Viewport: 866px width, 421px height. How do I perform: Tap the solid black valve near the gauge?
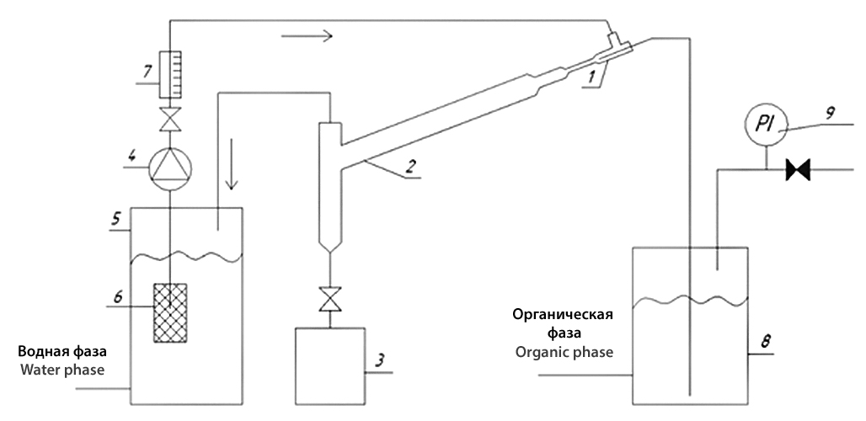pos(796,171)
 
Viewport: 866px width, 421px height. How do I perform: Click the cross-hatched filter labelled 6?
pos(170,313)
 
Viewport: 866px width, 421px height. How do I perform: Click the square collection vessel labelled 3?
pos(329,366)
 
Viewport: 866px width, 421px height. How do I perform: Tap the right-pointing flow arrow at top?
pos(307,35)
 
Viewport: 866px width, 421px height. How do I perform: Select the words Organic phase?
pos(564,351)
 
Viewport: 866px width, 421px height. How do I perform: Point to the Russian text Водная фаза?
pos(72,349)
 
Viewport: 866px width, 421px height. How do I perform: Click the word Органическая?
pos(563,315)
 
